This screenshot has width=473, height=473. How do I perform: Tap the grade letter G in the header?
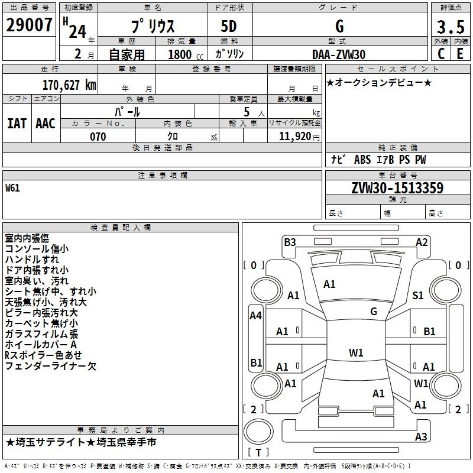click(339, 27)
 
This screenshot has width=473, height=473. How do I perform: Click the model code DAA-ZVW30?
click(339, 54)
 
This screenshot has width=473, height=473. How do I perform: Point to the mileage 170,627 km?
click(69, 85)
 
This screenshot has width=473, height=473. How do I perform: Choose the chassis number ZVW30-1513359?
click(397, 188)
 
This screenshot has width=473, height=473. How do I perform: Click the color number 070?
click(98, 137)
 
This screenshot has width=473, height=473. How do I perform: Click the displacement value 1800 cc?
click(180, 54)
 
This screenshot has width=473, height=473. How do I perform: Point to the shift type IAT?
click(17, 123)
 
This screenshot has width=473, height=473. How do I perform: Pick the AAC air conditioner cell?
click(46, 123)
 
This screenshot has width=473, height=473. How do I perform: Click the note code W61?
click(13, 189)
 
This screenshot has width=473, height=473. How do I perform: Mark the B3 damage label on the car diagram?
click(290, 242)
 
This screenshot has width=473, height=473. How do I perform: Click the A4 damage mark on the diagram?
click(255, 316)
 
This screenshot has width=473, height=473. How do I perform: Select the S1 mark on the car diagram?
click(418, 295)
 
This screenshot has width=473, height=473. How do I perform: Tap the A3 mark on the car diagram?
click(421, 437)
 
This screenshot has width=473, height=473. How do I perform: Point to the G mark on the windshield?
click(374, 311)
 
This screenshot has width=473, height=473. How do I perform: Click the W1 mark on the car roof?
click(356, 353)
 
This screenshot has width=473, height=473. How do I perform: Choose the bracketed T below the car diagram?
click(258, 452)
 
